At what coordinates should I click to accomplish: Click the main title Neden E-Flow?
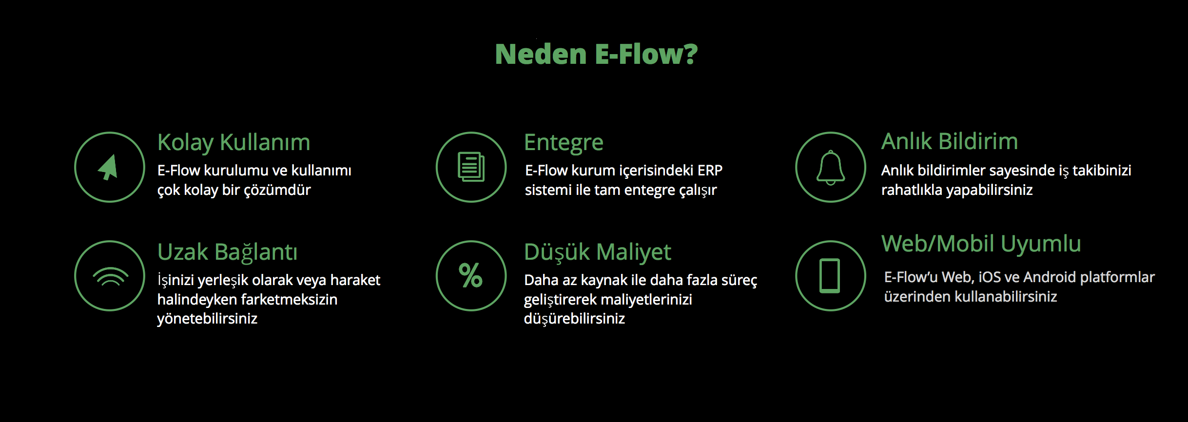point(596,54)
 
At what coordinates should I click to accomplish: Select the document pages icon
point(471,167)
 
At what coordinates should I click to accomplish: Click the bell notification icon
point(831,168)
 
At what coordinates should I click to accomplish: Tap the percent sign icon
point(471,275)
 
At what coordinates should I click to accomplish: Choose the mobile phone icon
point(830,276)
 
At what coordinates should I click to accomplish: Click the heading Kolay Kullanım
point(234,143)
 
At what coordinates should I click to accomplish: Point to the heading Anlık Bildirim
point(950,141)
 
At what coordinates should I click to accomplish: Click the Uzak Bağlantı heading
point(227,252)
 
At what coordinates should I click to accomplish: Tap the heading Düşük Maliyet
point(598,252)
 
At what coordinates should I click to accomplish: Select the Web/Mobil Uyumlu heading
point(981,244)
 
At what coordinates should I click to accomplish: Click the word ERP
point(710,171)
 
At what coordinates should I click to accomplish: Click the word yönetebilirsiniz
point(207,319)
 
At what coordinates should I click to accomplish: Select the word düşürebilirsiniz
point(574,319)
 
